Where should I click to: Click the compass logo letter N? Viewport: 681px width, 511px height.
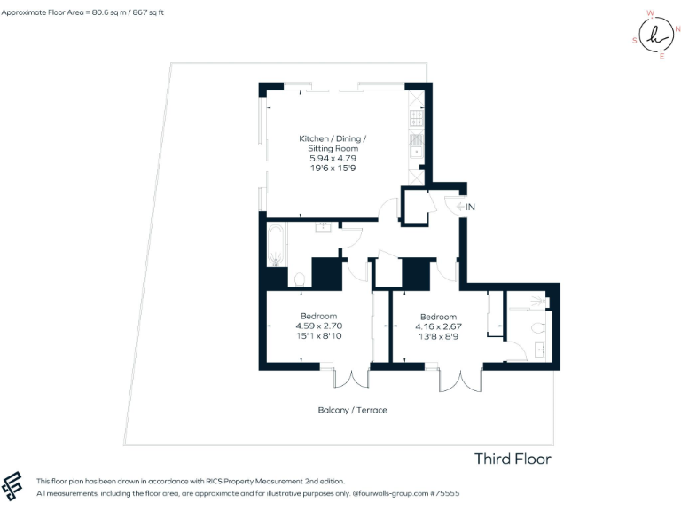coord(677,29)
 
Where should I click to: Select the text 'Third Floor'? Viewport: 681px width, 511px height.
coord(513,459)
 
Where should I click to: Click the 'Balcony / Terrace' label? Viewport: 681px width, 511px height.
coord(352,410)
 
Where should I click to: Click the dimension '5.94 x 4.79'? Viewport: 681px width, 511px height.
coord(332,158)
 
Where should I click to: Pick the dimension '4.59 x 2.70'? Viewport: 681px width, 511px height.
coord(318,326)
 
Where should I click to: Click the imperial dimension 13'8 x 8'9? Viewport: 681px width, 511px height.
coord(438,337)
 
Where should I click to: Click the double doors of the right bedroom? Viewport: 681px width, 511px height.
coord(462,381)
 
